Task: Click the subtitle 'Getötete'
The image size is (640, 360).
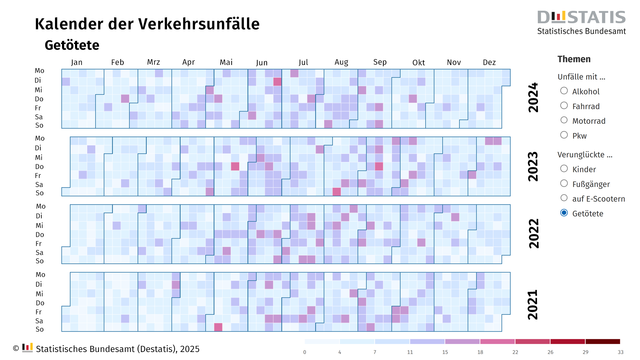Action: coord(71,45)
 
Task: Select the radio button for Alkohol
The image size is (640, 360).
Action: coord(565,91)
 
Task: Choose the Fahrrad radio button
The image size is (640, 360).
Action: coord(565,105)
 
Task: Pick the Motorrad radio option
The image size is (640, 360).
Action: coord(565,120)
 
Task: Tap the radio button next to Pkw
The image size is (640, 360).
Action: coord(565,134)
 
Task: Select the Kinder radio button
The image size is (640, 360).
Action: coord(565,169)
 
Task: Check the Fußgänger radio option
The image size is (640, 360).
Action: coord(565,184)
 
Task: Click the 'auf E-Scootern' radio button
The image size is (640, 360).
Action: coord(565,198)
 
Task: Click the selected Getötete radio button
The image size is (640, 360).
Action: coord(565,213)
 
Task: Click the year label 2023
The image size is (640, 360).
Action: coord(532,166)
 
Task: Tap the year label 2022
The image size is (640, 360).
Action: coord(532,235)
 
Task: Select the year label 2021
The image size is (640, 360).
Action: coord(532,302)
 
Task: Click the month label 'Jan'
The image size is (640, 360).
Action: coord(77,62)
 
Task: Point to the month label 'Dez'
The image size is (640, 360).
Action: coord(489,62)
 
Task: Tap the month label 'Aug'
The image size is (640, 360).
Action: coord(341,62)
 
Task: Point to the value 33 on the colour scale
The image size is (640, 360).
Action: coord(621,353)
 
